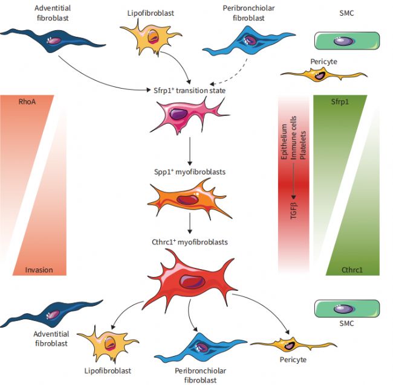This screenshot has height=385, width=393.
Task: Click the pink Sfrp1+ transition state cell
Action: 188,118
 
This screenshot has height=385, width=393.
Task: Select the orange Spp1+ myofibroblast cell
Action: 189,199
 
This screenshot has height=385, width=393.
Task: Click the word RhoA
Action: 26,102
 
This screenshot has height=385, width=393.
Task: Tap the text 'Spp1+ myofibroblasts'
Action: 190,172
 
